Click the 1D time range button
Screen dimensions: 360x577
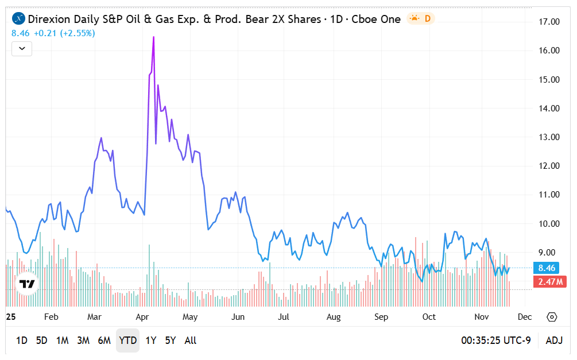point(21,340)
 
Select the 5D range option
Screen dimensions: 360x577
point(42,340)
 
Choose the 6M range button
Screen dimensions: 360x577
point(104,340)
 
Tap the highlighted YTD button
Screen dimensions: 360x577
point(127,340)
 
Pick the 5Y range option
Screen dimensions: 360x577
point(171,340)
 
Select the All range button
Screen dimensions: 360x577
point(191,340)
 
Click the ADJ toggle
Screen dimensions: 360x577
point(553,340)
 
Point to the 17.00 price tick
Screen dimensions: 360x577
point(549,22)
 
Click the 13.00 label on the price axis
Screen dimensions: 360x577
point(549,137)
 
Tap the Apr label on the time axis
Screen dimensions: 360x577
point(143,317)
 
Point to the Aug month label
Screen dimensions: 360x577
point(334,317)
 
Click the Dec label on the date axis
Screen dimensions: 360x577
point(524,317)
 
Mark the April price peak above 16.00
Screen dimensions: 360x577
point(153,37)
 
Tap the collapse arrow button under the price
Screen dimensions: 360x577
point(22,49)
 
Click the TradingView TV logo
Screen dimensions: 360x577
point(26,284)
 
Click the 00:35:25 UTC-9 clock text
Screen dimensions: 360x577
point(495,340)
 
